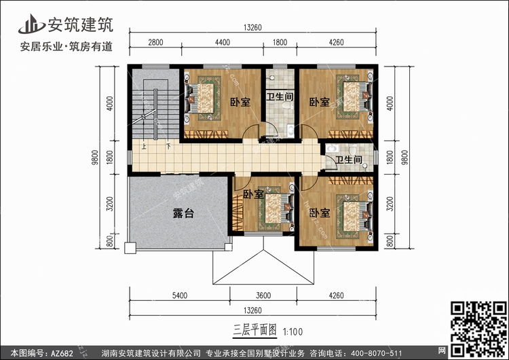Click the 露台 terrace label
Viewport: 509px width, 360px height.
pyautogui.click(x=183, y=213)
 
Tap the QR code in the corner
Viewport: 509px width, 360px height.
pyautogui.click(x=478, y=328)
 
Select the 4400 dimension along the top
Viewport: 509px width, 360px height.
pyautogui.click(x=223, y=42)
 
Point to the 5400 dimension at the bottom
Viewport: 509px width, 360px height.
pyautogui.click(x=180, y=295)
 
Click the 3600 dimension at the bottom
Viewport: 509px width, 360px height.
pyautogui.click(x=263, y=295)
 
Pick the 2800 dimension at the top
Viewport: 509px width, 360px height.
pyautogui.click(x=155, y=42)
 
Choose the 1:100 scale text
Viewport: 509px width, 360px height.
pyautogui.click(x=293, y=331)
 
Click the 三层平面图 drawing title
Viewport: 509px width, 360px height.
pyautogui.click(x=254, y=330)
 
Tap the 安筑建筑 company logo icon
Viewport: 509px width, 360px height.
pyautogui.click(x=31, y=24)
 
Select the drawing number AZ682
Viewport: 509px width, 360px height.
pyautogui.click(x=62, y=353)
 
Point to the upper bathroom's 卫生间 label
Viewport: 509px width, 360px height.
pyautogui.click(x=280, y=96)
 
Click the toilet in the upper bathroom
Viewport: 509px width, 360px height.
pyautogui.click(x=286, y=105)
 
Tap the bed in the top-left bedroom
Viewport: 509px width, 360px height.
pyautogui.click(x=199, y=98)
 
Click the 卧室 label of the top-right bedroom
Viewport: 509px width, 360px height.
pyautogui.click(x=320, y=102)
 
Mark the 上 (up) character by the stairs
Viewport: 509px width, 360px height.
pyautogui.click(x=144, y=147)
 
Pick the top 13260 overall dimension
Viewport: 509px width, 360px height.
pyautogui.click(x=252, y=28)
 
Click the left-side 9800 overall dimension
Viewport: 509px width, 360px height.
pyautogui.click(x=95, y=158)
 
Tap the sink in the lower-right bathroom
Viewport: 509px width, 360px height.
pyautogui.click(x=331, y=149)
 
